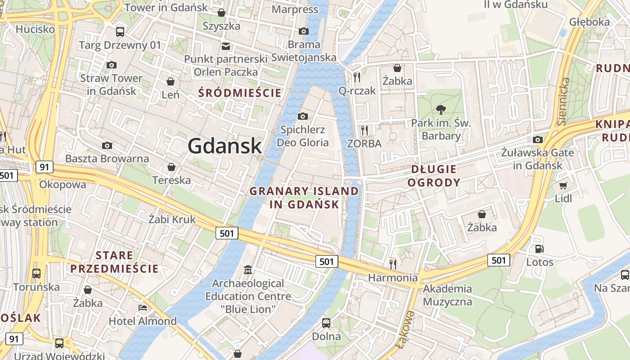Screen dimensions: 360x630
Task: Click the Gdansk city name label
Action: coord(225,146)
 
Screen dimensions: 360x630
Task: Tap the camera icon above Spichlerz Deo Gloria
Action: coord(303,116)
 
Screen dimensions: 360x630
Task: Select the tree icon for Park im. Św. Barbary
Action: coord(441,109)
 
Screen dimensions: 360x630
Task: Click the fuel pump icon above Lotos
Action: coord(539,248)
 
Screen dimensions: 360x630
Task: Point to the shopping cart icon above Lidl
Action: coord(563,185)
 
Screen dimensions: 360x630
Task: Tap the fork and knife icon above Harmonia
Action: coord(393,264)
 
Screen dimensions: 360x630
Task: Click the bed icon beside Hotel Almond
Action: coord(143,308)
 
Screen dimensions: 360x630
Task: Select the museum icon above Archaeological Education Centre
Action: coord(247,270)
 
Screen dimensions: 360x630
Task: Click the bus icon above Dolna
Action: coord(326,323)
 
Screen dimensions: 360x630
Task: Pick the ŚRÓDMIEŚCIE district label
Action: coord(240,93)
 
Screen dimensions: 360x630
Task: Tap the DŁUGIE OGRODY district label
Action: coord(434,176)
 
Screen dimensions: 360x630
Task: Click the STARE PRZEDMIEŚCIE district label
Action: coord(114,262)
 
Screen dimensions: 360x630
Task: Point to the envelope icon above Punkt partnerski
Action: coord(225,46)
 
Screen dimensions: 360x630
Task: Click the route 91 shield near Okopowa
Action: coord(44,167)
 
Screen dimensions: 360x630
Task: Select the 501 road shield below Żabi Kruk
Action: coord(227,233)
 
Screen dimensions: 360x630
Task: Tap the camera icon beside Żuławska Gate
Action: coord(537,139)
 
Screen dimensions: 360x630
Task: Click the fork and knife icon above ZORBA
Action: coord(364,130)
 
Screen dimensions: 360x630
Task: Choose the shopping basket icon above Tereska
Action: coord(171,167)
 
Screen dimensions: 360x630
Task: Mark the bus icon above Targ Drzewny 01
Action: coord(120,31)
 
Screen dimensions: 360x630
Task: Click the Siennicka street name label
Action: coord(563,101)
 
